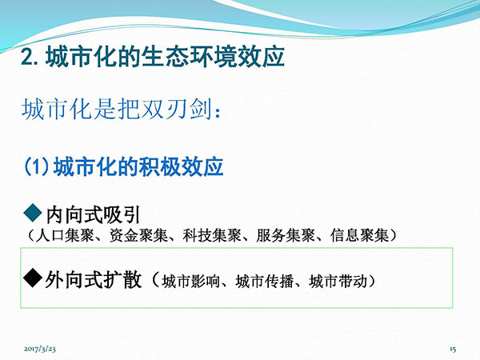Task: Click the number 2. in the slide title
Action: coord(30,57)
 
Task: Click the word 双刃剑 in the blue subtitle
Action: coord(178,110)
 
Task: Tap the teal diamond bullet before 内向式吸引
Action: coord(33,213)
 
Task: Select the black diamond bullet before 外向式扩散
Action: coord(33,278)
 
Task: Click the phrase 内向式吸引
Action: coord(93,214)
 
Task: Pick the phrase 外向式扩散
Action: coord(94,279)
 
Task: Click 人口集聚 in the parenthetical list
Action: coord(65,235)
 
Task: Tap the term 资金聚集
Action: coord(138,235)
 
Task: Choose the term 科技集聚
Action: coord(212,235)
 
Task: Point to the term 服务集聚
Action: coord(286,235)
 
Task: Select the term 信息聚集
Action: coord(359,235)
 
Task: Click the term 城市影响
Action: coord(191,282)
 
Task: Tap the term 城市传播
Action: coord(265,282)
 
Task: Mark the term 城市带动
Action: coord(338,282)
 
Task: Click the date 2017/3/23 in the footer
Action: coord(40,349)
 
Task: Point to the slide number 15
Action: coord(453,349)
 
